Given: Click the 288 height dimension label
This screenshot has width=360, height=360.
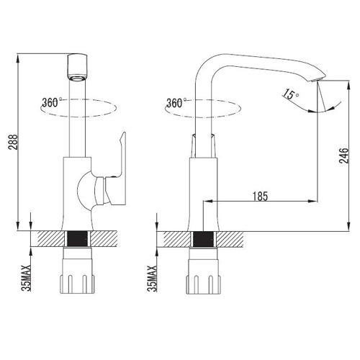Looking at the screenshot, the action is [13, 142].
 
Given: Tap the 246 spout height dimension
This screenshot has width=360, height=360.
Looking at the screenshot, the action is [343, 156].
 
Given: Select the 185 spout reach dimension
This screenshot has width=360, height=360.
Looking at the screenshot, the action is [260, 196].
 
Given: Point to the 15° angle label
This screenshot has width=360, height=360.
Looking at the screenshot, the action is [290, 94].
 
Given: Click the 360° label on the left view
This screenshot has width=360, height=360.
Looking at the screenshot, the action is [51, 102].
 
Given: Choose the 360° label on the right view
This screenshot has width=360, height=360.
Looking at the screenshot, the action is [176, 103].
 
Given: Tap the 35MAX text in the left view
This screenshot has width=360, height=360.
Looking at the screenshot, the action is [26, 278].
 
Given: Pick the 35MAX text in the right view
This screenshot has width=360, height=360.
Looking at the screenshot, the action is [152, 279].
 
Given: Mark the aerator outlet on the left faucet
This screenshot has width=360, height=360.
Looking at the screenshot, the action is [77, 78].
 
